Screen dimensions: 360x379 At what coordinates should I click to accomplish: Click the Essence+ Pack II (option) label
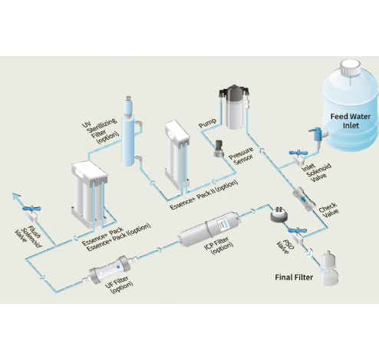[203, 197]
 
